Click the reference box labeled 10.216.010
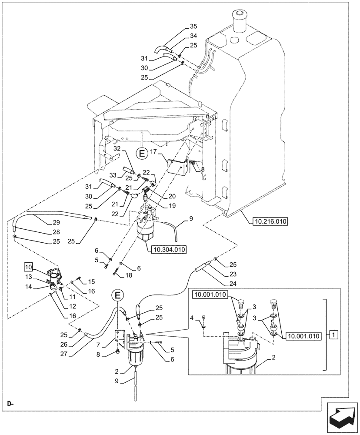[269, 221]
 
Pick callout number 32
[117, 149]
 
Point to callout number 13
[27, 277]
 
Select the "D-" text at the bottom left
[10, 404]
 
